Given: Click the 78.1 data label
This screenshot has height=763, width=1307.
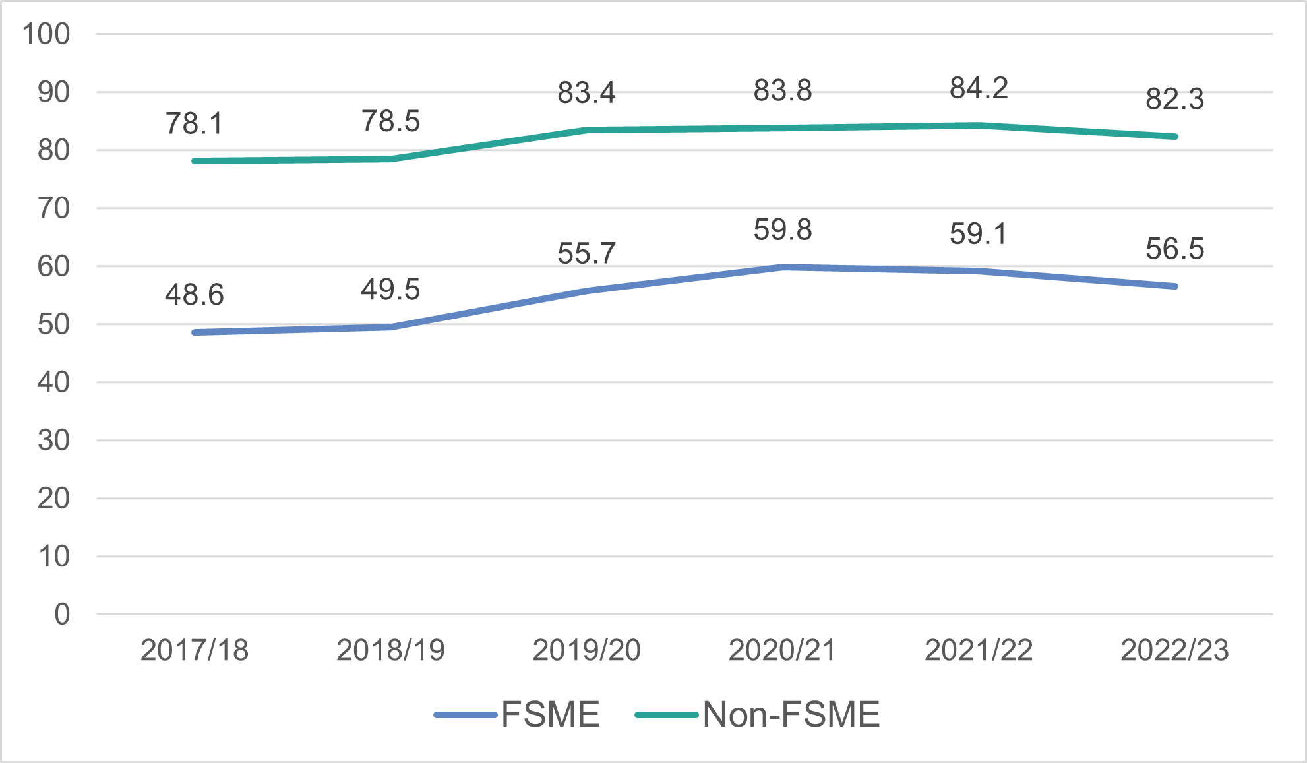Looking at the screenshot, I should click(x=194, y=123).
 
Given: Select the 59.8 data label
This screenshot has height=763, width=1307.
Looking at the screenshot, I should click(x=783, y=230).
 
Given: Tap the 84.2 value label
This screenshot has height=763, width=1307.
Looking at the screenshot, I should click(x=979, y=88).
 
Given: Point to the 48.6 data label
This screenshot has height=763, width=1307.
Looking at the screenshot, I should click(x=194, y=294).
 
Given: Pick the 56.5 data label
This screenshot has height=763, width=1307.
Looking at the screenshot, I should click(x=1174, y=249).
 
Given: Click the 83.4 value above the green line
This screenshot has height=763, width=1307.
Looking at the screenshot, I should click(x=586, y=92).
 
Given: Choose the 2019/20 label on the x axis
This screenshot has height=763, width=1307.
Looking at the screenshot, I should click(x=586, y=650).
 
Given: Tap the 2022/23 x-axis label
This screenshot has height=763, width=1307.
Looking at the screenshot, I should click(x=1174, y=650).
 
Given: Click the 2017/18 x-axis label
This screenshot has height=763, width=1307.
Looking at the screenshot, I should click(x=194, y=650).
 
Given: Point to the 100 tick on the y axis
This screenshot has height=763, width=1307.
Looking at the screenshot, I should click(x=46, y=34).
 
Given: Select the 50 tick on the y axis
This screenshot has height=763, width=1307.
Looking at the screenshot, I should click(x=53, y=324).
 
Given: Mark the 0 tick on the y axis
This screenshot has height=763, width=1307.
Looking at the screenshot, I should click(x=62, y=615).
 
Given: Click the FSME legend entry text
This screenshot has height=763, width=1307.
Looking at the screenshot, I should click(x=551, y=714).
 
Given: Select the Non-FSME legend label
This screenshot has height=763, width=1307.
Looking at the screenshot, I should click(x=791, y=714).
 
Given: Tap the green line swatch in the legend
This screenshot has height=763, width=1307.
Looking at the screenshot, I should click(x=666, y=715).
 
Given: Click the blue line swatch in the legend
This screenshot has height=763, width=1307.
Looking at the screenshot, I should click(x=465, y=715).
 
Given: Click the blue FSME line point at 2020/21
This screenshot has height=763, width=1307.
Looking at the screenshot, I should click(x=783, y=267).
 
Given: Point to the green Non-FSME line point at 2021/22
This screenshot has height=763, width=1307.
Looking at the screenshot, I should click(x=979, y=125).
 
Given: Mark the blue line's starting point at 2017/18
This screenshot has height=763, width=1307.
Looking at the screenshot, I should click(x=195, y=332).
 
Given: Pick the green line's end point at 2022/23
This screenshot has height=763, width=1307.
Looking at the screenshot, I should click(x=1174, y=137).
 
